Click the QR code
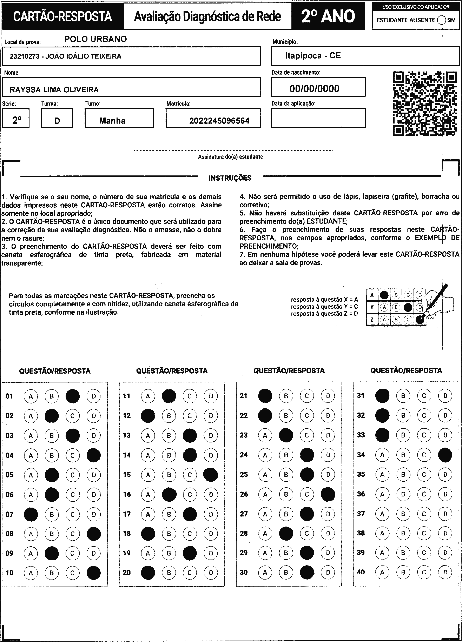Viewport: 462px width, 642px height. point(425,104)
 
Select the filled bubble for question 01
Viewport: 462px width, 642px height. point(73,396)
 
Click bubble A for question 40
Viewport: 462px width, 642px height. point(382,572)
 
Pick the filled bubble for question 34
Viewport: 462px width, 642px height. point(445,455)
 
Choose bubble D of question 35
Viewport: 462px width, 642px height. point(445,474)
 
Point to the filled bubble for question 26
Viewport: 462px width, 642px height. point(328,494)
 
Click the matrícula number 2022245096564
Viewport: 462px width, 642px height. point(219,121)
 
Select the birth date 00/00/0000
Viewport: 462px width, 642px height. point(314,89)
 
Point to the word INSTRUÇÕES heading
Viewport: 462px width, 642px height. point(230,178)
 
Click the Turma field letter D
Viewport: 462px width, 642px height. point(57,121)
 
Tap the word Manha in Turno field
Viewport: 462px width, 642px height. point(112,121)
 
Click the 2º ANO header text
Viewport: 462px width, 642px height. point(328,16)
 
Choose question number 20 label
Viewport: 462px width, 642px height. point(127,572)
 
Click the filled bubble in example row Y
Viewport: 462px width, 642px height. point(408,307)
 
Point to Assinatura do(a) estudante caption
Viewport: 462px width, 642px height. point(230,157)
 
